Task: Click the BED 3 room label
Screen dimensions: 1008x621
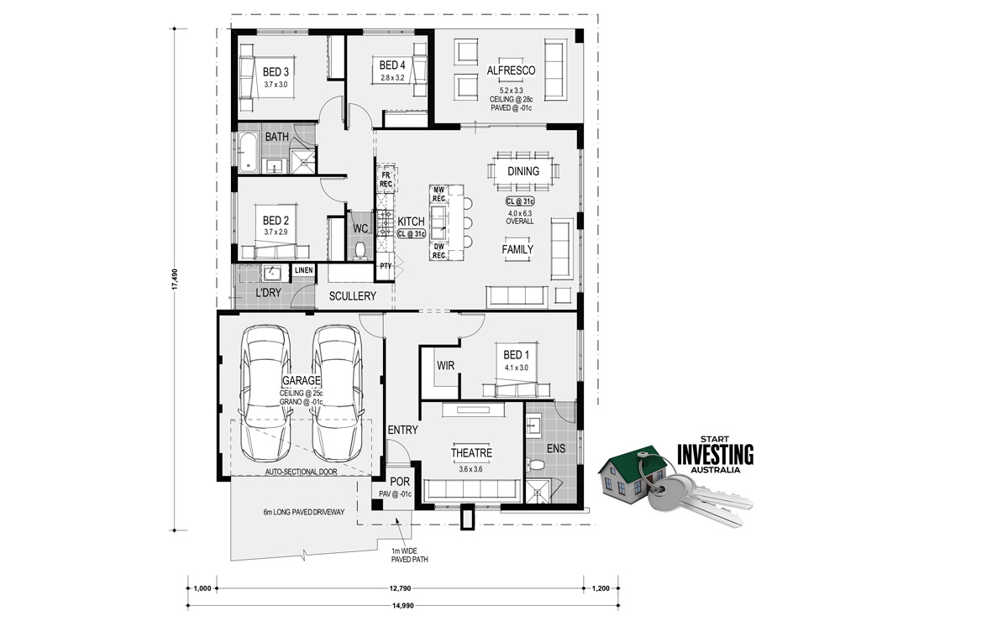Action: pyautogui.click(x=276, y=72)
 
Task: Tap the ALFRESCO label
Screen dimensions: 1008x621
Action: pyautogui.click(x=512, y=70)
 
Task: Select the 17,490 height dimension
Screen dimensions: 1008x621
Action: pyautogui.click(x=175, y=279)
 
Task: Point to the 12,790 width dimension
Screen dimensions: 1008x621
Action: pyautogui.click(x=400, y=588)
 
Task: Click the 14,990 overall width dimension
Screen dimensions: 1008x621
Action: pyautogui.click(x=402, y=606)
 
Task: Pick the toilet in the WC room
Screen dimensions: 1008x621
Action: pyautogui.click(x=360, y=251)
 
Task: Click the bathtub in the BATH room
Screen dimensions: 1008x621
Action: pyautogui.click(x=249, y=152)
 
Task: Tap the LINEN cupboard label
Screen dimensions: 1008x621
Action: pyautogui.click(x=304, y=270)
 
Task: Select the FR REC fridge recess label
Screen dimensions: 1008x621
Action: pyautogui.click(x=386, y=180)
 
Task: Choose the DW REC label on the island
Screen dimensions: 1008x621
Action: pyautogui.click(x=439, y=251)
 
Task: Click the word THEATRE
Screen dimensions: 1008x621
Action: pyautogui.click(x=471, y=453)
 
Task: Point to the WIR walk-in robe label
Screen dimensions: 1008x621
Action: pyautogui.click(x=445, y=366)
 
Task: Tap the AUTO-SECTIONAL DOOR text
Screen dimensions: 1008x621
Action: pyautogui.click(x=301, y=472)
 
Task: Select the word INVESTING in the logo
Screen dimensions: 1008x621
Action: pyautogui.click(x=716, y=455)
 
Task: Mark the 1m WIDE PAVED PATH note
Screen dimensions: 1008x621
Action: pyautogui.click(x=410, y=556)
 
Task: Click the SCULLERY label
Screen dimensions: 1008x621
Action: pyautogui.click(x=352, y=296)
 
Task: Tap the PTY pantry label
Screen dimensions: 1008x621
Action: pyautogui.click(x=386, y=266)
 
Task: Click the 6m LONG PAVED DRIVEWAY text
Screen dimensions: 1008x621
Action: pyautogui.click(x=304, y=512)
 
